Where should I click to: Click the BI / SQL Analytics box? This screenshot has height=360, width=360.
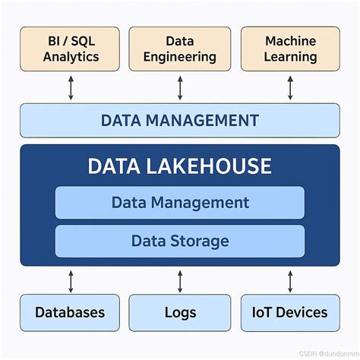(70, 49)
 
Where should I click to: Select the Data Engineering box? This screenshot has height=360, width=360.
(180, 49)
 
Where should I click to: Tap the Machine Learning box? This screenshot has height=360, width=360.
(290, 49)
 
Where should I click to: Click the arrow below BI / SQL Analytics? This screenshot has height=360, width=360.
(71, 87)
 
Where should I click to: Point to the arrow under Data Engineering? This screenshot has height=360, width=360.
(180, 87)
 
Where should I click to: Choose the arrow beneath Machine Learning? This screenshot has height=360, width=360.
(290, 87)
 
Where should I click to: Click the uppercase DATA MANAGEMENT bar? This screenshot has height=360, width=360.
(180, 120)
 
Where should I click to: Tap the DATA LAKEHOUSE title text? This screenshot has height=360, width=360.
(180, 166)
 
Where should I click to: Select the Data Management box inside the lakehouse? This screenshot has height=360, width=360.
(180, 203)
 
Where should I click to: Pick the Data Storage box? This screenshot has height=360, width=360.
(180, 241)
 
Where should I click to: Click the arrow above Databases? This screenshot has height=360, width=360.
(71, 280)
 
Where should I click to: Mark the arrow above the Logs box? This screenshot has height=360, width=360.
(180, 280)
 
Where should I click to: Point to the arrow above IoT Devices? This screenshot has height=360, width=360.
(290, 280)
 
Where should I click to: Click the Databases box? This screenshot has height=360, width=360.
(70, 312)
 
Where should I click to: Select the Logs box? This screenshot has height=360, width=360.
(180, 312)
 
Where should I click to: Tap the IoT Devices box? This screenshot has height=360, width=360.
(290, 312)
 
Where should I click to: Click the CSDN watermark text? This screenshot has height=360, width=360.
(319, 353)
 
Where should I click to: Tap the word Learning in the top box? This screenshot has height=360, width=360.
(290, 57)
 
